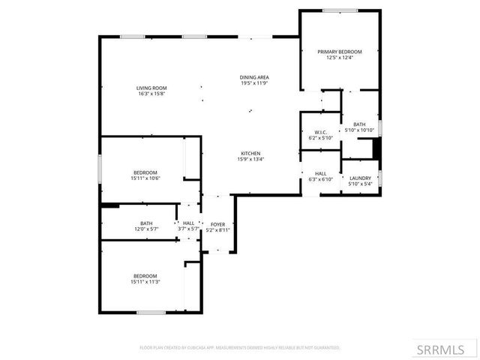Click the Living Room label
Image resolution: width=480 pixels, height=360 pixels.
(151, 88)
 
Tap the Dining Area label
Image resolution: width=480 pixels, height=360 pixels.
(254, 77)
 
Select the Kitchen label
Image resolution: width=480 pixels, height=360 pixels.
(250, 153)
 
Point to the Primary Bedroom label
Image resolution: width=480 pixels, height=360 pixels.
(339, 52)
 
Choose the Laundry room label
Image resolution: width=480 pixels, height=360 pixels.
(360, 178)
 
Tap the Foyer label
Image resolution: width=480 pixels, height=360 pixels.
(217, 224)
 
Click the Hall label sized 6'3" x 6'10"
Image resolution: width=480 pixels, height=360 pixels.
(320, 173)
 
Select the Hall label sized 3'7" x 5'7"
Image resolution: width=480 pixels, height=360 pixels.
(188, 223)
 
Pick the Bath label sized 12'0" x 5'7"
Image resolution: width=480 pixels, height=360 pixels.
(146, 223)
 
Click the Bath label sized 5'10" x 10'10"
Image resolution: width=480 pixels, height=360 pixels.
(359, 124)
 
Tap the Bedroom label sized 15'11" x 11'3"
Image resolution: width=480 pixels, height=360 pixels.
(145, 275)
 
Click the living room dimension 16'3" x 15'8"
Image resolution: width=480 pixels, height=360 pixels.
(151, 94)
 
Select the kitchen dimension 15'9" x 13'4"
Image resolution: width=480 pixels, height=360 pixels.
(250, 159)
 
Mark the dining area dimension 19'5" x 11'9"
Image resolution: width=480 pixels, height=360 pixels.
(254, 83)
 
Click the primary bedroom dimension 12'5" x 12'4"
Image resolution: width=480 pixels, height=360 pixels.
(339, 58)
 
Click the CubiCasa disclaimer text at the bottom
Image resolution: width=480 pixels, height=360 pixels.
(240, 348)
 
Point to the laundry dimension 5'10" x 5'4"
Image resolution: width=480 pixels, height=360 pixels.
(360, 184)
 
